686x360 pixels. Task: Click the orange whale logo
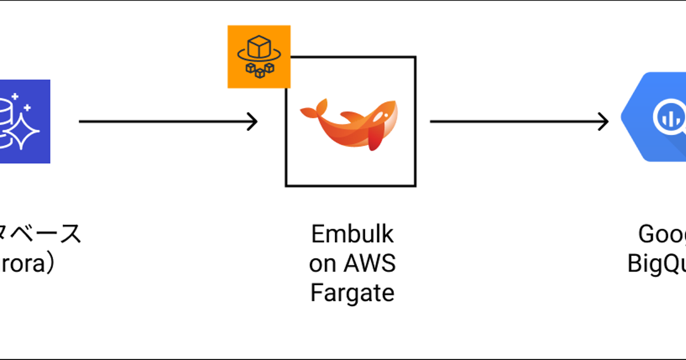[x=349, y=122]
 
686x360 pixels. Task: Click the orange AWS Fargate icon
[x=258, y=57]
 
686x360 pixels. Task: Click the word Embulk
[x=352, y=234]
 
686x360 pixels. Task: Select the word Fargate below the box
[x=352, y=293]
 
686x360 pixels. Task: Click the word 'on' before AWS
[x=324, y=263]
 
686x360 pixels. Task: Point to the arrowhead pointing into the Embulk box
[x=252, y=121]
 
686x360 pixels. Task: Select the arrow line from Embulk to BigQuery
[x=514, y=121]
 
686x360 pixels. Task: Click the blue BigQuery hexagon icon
[x=655, y=117]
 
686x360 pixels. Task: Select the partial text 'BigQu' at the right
[x=657, y=263]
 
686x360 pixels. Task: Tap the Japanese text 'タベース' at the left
[x=40, y=234]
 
